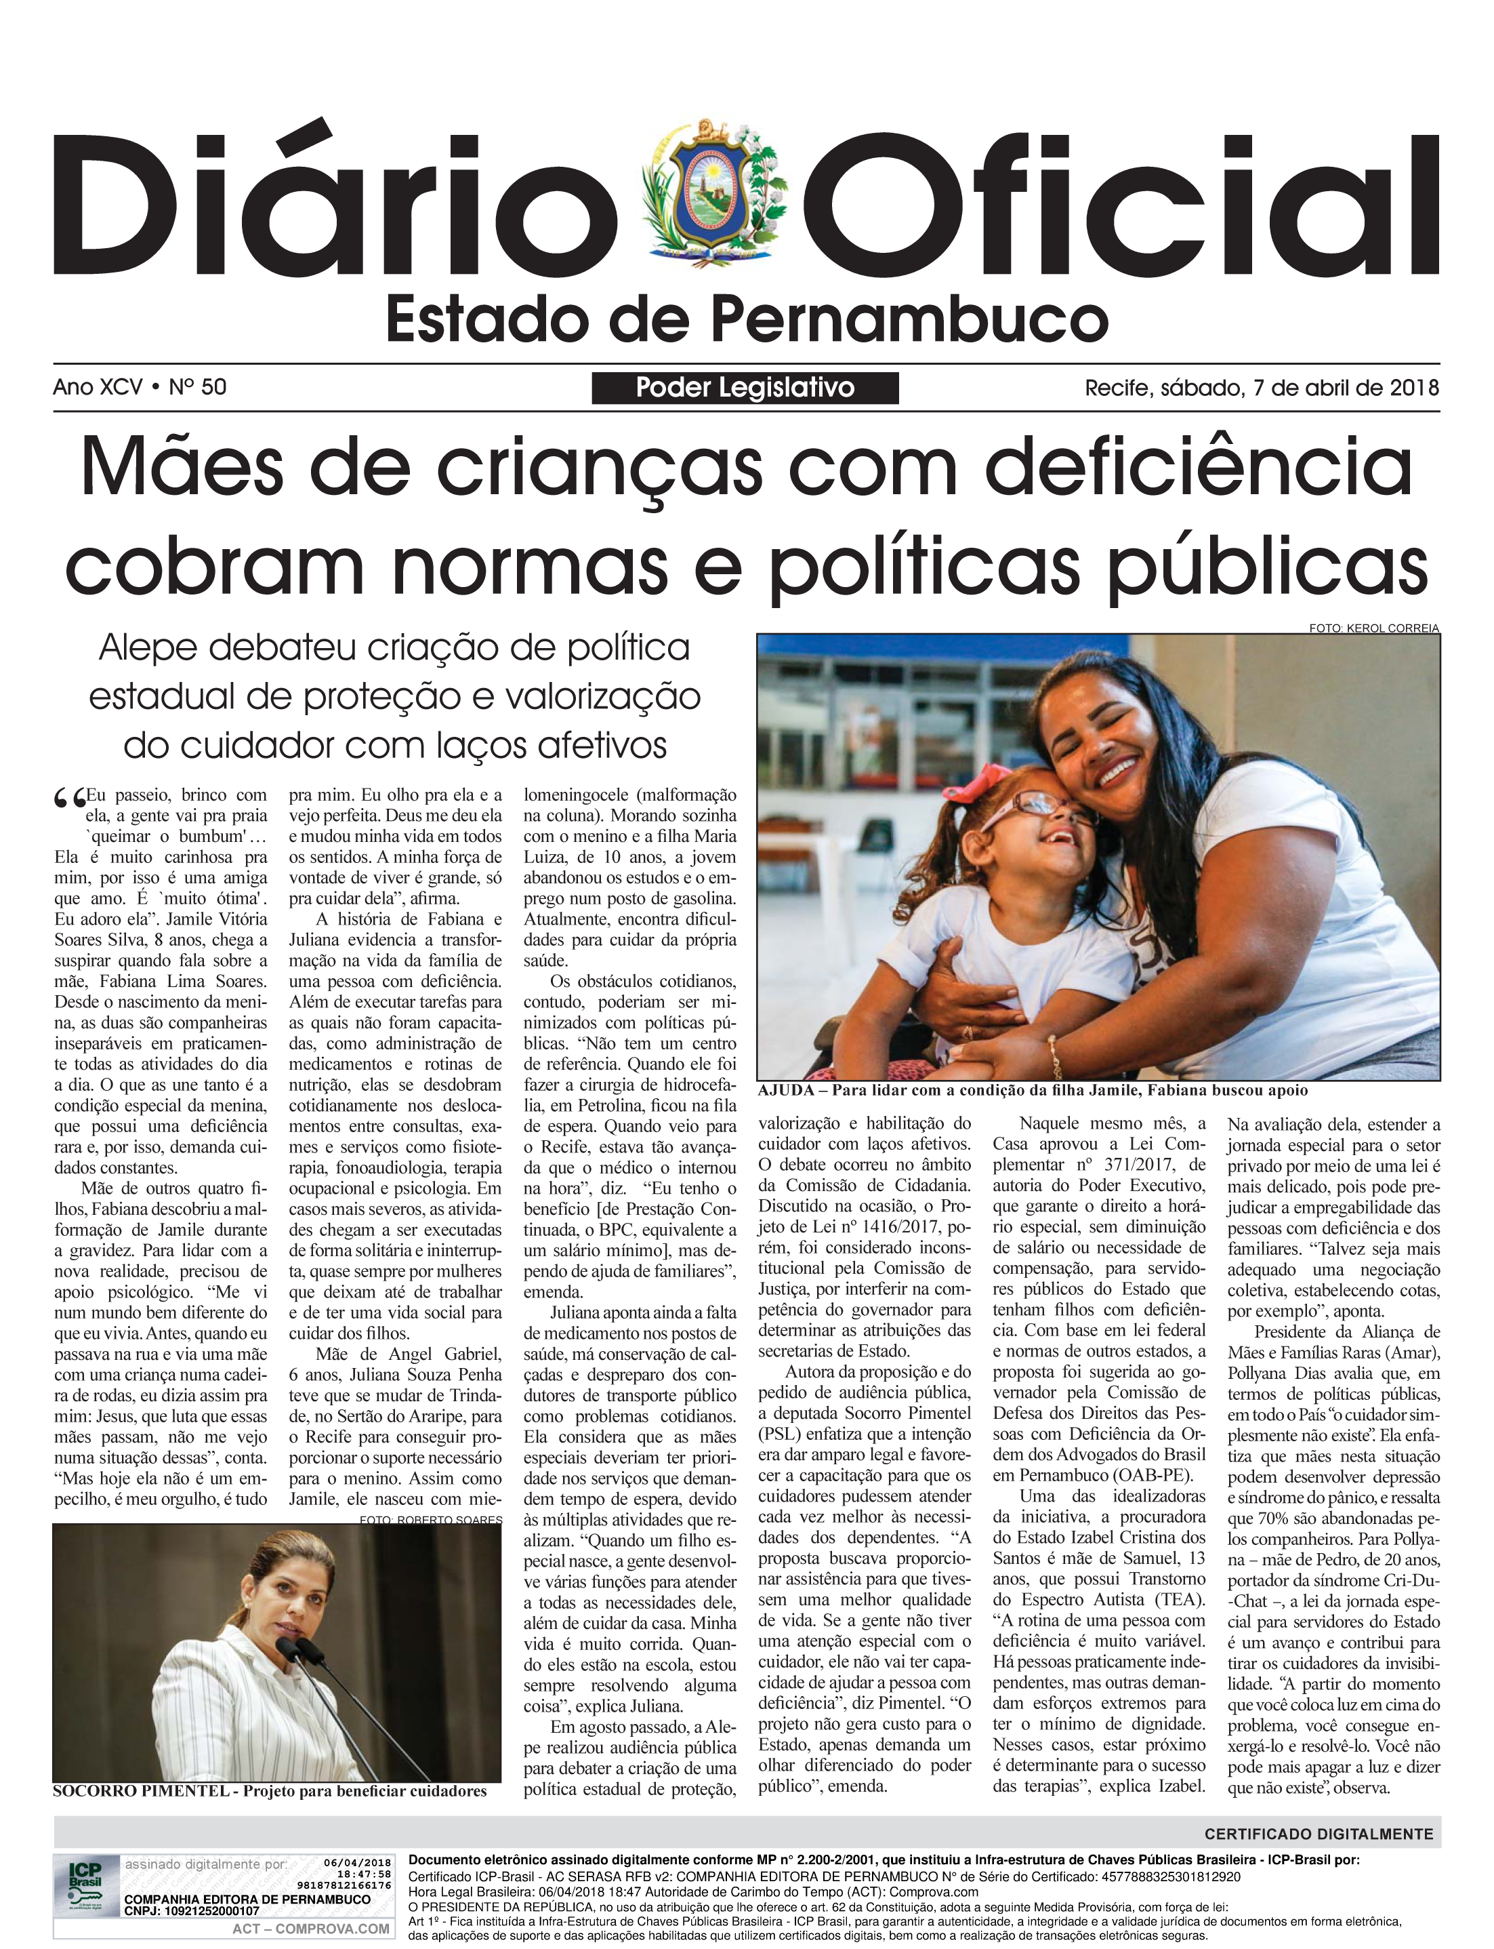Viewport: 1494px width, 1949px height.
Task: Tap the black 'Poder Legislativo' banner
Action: coord(745,388)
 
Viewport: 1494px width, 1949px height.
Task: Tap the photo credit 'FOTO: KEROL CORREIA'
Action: coord(1373,628)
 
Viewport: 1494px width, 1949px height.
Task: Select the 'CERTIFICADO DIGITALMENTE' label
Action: coord(1319,1833)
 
